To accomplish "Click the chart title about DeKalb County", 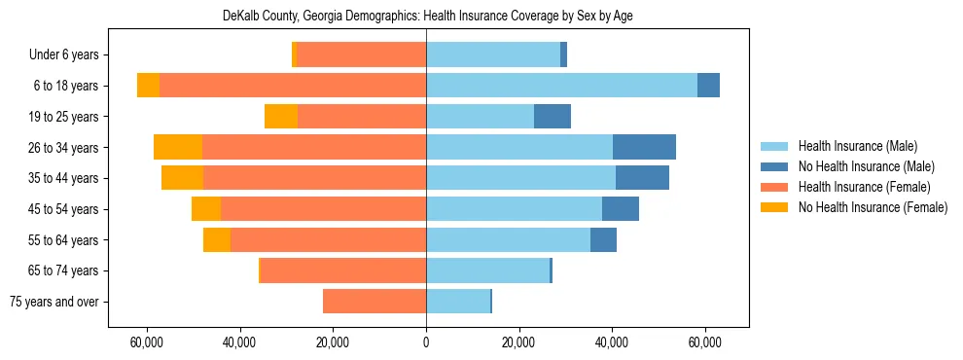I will click(x=426, y=17).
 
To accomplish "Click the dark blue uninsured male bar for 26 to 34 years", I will click(x=644, y=147).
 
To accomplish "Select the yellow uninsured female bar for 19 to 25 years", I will click(x=281, y=117).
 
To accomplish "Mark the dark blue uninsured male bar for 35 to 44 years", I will click(x=642, y=178).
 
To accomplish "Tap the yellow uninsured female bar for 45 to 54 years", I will click(x=206, y=209).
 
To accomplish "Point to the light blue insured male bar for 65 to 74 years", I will click(x=487, y=270).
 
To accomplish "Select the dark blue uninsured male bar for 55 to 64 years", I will click(x=603, y=239).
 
